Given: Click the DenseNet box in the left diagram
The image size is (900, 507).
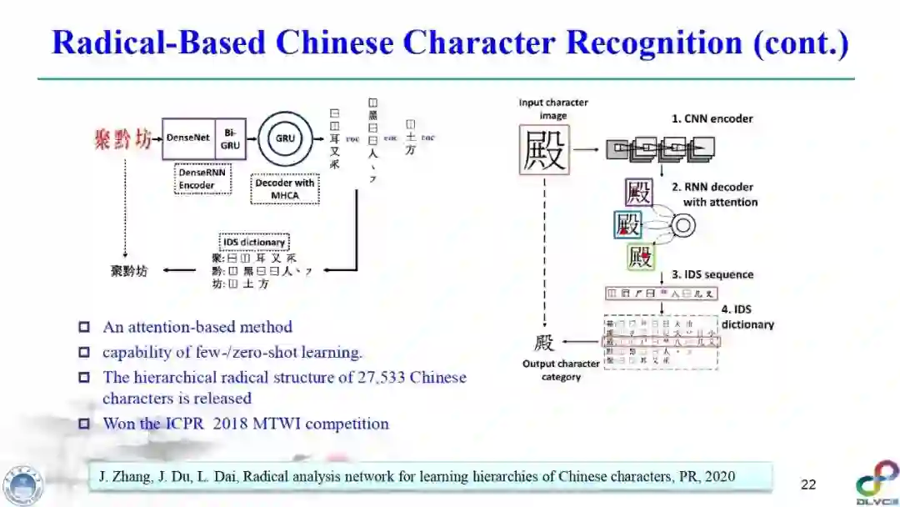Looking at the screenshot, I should click(x=187, y=138).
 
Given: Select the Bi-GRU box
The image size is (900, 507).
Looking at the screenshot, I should click(x=230, y=138).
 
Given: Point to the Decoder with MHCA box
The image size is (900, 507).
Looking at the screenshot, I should click(x=285, y=189).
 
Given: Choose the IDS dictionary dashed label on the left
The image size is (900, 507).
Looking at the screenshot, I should click(x=254, y=243).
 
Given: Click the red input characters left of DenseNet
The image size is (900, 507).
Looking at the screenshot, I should click(x=122, y=138).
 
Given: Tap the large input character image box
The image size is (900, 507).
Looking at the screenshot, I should click(x=544, y=150).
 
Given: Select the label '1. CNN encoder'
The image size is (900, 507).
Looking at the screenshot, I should click(x=712, y=118).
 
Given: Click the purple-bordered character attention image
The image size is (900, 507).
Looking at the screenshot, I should click(x=639, y=193).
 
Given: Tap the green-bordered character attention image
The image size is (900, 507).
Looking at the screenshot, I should click(x=641, y=257).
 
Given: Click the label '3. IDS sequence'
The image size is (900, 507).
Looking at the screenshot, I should click(x=712, y=274).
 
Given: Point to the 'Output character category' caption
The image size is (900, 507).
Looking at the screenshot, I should click(x=561, y=370).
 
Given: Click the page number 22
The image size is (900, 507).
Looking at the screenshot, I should click(x=808, y=484).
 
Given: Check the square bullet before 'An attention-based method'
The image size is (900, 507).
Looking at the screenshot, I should click(x=83, y=327).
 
